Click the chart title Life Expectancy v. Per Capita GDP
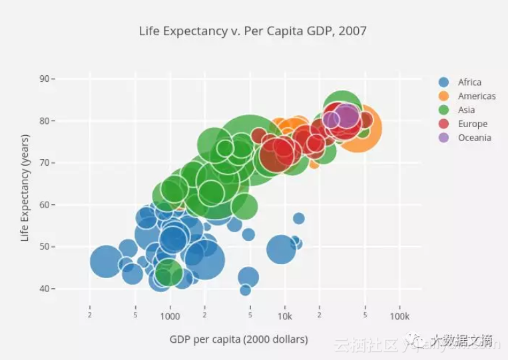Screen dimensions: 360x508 coord(253,31)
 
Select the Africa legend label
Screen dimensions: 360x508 coord(469,83)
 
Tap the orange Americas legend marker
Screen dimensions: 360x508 coord(443,96)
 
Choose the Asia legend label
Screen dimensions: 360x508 coord(467,110)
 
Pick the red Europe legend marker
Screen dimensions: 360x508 coord(443,124)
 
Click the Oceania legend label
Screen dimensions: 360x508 coord(475,138)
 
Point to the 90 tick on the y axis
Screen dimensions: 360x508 coord(45,79)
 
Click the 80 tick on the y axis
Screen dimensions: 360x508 coord(45,120)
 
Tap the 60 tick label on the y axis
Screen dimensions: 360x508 coord(45,204)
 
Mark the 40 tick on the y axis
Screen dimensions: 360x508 coord(45,289)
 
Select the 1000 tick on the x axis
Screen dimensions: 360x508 coord(170,316)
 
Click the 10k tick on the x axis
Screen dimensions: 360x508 coord(285,316)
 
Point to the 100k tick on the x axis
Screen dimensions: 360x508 coord(399,316)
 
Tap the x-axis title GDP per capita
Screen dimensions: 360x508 coord(238,339)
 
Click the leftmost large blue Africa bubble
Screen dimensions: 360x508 coord(105,261)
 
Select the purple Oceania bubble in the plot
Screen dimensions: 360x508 coord(346,115)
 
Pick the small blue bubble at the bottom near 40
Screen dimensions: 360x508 coord(245,289)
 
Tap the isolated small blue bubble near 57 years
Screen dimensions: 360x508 coord(298,218)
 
